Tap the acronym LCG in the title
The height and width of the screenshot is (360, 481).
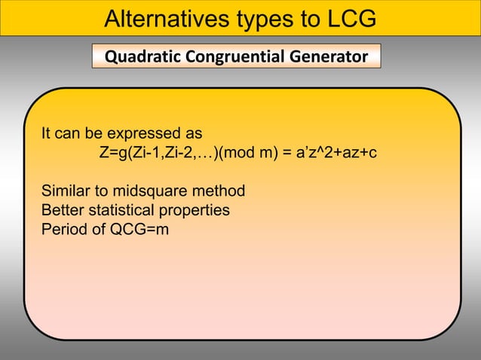point(347,18)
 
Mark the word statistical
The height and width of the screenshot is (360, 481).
point(119,209)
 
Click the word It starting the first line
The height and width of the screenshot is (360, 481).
point(47,134)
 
